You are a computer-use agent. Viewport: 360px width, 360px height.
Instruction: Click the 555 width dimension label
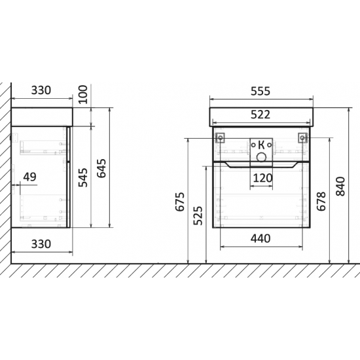click(261, 91)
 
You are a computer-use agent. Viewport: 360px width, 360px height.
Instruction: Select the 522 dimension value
click(261, 115)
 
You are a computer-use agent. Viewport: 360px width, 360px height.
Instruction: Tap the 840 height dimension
click(340, 186)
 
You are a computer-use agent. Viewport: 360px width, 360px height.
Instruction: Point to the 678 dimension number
click(321, 201)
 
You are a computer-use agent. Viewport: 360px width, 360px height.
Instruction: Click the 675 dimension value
click(180, 202)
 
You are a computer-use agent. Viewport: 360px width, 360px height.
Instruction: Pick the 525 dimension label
click(198, 215)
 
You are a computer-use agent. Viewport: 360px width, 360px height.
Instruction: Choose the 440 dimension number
click(261, 239)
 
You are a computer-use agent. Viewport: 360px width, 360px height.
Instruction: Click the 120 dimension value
click(262, 178)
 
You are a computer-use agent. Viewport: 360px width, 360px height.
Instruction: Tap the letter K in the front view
click(262, 145)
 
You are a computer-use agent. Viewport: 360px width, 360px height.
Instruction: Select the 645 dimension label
click(101, 168)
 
